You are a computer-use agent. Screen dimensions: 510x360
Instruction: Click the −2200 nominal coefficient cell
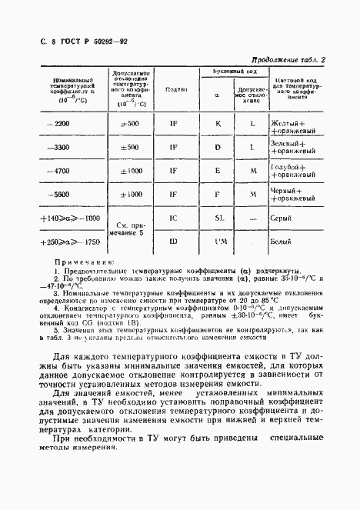tap(58, 124)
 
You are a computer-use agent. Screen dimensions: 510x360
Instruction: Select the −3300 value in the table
tap(58, 147)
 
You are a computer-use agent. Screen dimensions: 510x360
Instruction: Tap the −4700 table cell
tap(58, 171)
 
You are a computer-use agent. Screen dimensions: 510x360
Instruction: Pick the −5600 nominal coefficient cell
tap(58, 195)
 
